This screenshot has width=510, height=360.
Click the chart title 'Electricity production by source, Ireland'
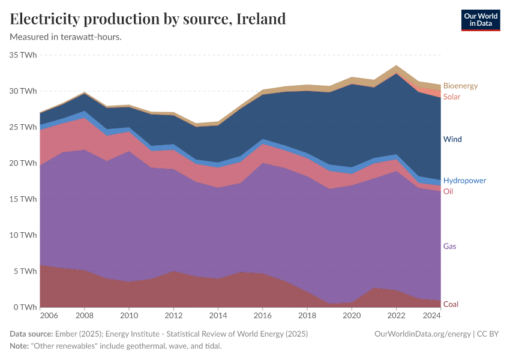(148, 19)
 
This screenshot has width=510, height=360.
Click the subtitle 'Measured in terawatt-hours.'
(66, 37)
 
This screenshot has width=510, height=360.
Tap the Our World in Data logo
(480, 20)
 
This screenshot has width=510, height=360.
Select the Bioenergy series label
(460, 86)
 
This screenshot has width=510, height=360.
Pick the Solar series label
(452, 97)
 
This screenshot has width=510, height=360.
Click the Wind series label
(452, 139)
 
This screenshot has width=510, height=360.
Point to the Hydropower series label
(464, 181)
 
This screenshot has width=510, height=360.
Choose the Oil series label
(448, 191)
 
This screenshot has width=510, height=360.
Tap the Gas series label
(450, 246)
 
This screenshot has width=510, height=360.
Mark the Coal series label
(451, 304)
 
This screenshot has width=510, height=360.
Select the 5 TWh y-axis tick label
(26, 271)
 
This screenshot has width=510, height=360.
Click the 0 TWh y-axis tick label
(26, 307)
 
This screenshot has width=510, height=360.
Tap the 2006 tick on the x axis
(49, 315)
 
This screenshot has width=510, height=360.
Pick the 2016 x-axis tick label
(262, 315)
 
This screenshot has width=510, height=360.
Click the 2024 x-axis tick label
(432, 315)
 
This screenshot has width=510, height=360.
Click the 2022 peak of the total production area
(396, 66)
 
